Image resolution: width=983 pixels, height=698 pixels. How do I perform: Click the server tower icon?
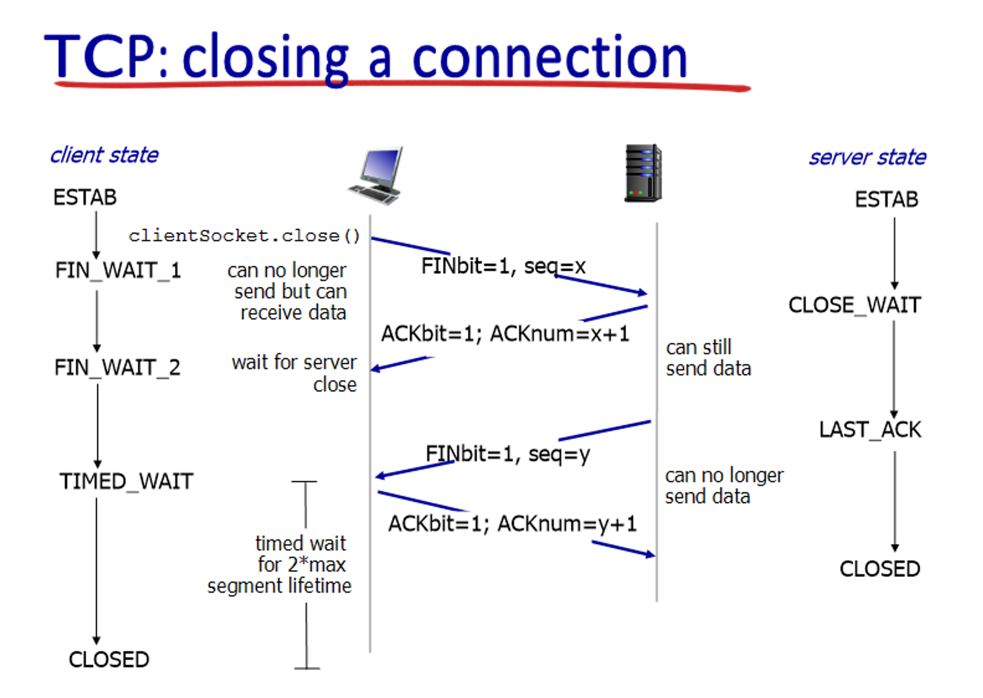[643, 173]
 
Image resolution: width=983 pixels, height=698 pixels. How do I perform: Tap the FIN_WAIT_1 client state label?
[118, 271]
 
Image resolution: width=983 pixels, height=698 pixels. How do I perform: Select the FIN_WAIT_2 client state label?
[117, 368]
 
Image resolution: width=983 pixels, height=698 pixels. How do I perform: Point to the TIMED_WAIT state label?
[126, 482]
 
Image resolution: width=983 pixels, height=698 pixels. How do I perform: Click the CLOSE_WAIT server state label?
[855, 305]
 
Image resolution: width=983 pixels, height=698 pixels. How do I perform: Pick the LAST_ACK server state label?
[870, 430]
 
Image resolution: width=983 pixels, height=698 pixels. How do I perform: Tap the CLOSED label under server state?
[880, 569]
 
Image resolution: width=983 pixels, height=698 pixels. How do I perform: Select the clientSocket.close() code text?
[244, 236]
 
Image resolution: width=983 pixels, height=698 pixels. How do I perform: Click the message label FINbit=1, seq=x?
[503, 267]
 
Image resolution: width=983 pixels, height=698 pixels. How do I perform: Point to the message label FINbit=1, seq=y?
[508, 454]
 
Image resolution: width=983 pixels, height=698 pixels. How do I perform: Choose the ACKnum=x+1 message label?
[505, 334]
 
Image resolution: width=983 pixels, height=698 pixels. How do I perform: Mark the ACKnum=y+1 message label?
[512, 524]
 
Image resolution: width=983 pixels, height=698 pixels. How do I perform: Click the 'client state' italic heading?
[104, 155]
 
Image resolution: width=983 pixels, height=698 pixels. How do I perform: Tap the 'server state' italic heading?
[867, 157]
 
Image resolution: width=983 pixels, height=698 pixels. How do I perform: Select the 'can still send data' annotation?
[708, 358]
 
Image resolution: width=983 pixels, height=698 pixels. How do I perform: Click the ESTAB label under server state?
[886, 200]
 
